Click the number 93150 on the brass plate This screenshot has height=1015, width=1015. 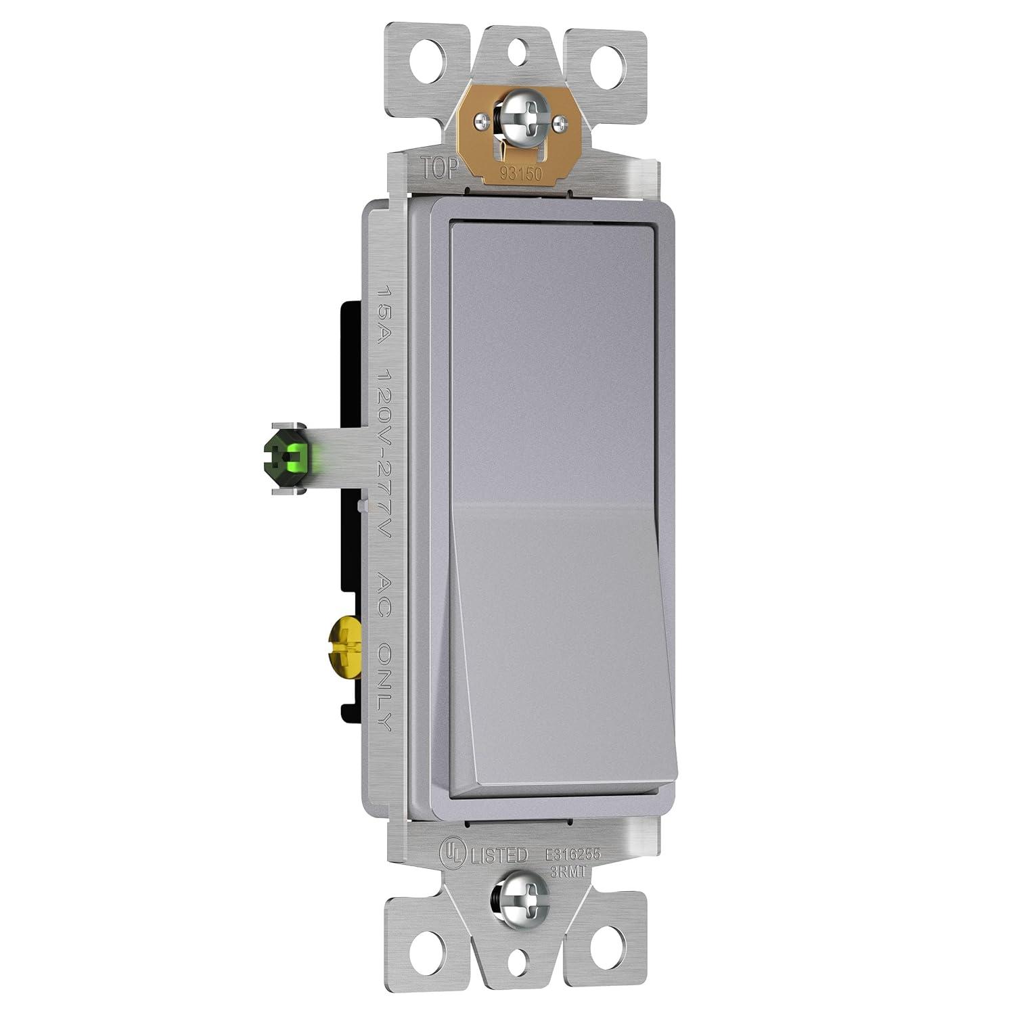click(x=521, y=173)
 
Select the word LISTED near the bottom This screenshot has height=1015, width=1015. click(x=498, y=855)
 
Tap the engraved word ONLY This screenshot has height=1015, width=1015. click(x=384, y=684)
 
